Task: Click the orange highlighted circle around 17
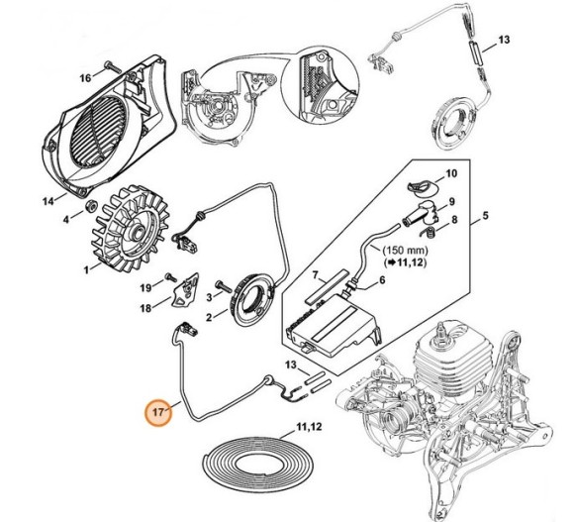tap(157, 412)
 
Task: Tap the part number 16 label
tap(85, 78)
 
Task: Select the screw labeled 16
tap(113, 66)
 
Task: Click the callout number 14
tap(48, 201)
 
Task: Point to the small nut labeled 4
tap(90, 207)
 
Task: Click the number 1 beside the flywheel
tap(86, 270)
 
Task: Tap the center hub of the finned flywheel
tap(140, 232)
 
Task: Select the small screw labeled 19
tap(169, 276)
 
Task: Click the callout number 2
tap(209, 317)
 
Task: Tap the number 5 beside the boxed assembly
tap(485, 216)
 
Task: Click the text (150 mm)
tap(405, 251)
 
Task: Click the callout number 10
tap(451, 173)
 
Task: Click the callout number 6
tap(382, 280)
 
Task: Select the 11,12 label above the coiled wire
tap(309, 427)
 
